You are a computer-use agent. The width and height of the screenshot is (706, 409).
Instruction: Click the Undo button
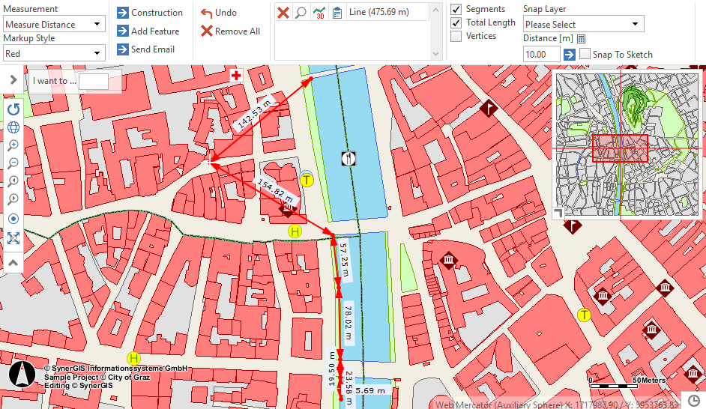pos(218,13)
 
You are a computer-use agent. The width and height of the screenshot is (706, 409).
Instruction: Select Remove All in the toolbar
pos(230,31)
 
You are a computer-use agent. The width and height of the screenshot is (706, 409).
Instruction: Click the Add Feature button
pos(148,31)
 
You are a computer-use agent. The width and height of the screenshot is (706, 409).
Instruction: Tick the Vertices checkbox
pos(456,36)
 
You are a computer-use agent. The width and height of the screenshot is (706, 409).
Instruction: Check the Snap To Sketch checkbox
pos(585,55)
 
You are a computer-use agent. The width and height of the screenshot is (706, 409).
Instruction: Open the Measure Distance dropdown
pos(53,24)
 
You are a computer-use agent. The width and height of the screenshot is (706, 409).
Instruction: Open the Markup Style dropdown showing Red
pos(53,53)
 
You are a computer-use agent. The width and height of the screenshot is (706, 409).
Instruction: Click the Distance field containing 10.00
pos(541,54)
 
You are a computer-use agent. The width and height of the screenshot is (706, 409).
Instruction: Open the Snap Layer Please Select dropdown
pos(583,25)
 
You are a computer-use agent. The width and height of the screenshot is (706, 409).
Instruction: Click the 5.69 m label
pos(370,390)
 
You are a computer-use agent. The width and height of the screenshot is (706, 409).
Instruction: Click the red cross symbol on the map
pos(236,76)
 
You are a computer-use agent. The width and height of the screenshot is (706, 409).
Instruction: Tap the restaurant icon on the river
pos(349,158)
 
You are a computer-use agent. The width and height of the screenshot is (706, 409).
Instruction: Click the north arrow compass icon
pos(22,374)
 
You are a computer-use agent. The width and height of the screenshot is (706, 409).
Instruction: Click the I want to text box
pos(93,81)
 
